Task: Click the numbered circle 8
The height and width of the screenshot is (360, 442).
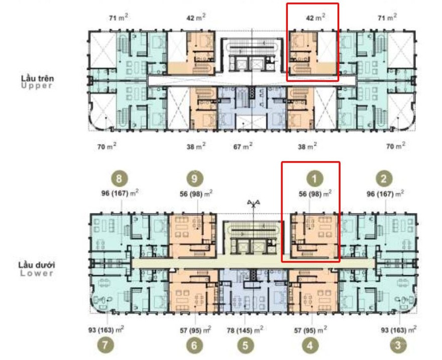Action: point(119,179)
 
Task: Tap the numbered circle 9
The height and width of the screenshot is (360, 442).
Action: point(194,179)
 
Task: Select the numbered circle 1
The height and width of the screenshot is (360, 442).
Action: point(314,179)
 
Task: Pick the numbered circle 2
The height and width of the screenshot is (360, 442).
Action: point(384,179)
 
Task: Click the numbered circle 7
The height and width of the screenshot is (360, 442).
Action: point(105,345)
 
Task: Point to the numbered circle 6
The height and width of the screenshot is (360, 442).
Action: point(194,345)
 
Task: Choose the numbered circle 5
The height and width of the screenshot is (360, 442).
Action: point(245,345)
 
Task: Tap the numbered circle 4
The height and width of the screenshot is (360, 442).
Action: point(310,345)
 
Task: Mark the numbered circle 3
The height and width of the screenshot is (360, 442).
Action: point(398,345)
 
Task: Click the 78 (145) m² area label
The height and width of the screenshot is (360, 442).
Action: point(245,329)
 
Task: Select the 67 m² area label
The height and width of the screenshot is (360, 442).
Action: point(243,146)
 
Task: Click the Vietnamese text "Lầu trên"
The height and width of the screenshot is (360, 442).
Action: point(38,78)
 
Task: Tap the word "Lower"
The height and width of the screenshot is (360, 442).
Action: point(37,273)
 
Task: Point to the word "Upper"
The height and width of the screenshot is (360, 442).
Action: point(37,86)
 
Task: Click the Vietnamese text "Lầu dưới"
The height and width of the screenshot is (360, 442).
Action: point(37,265)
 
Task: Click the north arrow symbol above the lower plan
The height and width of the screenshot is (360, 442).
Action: point(254,203)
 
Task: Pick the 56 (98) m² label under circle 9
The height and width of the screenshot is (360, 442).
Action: point(196,194)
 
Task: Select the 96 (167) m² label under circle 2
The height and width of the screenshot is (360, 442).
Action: point(385,194)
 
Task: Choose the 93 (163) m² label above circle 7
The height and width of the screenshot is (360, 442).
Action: point(106,329)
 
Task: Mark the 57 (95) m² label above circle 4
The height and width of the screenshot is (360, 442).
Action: point(310,329)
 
